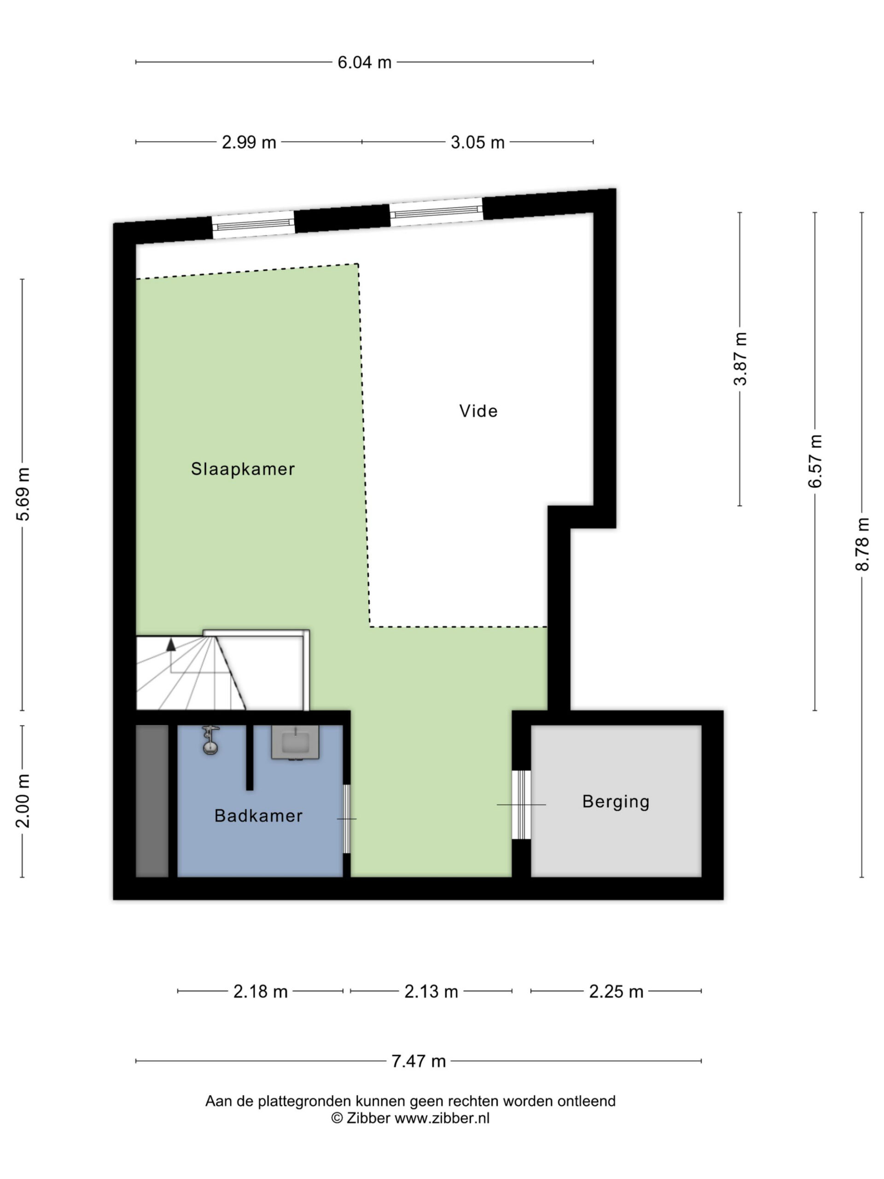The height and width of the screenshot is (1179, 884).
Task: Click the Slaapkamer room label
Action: coord(243,469)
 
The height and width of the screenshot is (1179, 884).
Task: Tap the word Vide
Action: coord(478,411)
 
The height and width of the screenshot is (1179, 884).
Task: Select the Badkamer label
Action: coord(258,816)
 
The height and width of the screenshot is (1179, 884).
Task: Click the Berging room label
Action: coord(616,802)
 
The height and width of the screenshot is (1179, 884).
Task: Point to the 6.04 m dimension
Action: coord(365,62)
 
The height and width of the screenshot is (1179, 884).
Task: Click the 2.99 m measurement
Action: coord(249,142)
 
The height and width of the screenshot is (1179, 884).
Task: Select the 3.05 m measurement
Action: coord(477,142)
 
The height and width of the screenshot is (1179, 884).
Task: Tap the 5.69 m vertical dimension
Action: coord(23,494)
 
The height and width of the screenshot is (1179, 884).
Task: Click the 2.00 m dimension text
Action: coord(23,800)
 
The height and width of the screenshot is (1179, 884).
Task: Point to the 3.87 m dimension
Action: coord(741,358)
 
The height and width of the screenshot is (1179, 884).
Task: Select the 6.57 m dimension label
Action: coord(815,461)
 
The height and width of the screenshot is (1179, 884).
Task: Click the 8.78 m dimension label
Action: coord(862,544)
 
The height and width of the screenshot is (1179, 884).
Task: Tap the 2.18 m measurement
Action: coord(261,992)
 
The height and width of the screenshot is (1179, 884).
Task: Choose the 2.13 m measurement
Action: coord(431,992)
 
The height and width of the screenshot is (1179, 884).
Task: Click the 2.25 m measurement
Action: coord(616,992)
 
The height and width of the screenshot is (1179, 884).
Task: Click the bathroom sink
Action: coord(295,742)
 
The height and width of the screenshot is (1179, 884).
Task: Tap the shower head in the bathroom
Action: coord(210,741)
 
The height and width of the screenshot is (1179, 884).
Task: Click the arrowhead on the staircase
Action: coord(171,644)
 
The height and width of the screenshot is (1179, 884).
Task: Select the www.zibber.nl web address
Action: coord(442,1118)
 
